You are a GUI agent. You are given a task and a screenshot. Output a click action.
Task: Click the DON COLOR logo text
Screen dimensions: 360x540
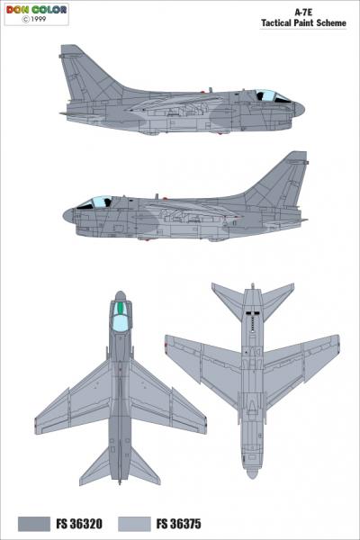[36, 10]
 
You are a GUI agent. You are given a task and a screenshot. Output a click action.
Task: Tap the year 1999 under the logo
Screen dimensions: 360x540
[38, 19]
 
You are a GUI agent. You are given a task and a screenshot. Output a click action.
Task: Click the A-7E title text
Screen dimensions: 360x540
[303, 13]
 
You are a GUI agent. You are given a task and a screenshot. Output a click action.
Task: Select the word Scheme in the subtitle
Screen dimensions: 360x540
[331, 23]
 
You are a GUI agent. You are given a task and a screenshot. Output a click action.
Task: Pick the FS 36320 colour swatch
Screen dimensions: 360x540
[34, 524]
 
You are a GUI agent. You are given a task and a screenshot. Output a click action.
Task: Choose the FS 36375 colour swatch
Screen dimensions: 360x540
[134, 524]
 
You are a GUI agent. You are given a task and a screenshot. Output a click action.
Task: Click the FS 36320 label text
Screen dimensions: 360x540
[79, 524]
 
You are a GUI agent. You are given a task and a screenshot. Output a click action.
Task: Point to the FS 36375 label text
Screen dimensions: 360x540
[178, 524]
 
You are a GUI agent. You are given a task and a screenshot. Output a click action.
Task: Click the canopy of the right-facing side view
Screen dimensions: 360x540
[273, 95]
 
